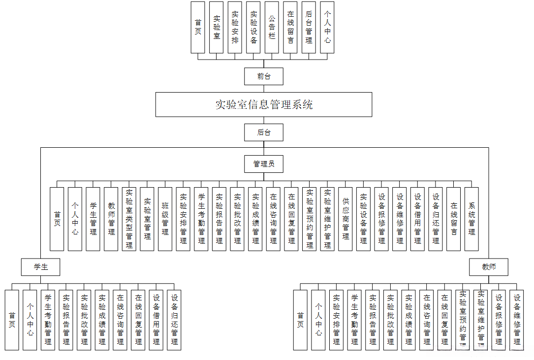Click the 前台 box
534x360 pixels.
coord(264,76)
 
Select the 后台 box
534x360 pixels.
coord(264,132)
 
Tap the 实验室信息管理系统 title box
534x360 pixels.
coord(264,104)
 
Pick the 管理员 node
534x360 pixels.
coord(264,164)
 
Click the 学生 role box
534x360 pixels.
coord(40,267)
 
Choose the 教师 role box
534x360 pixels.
coord(489,267)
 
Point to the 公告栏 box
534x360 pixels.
coord(272,27)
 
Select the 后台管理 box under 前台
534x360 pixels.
coord(309,27)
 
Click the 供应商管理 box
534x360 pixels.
coord(346,219)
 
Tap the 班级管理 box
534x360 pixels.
coord(165,219)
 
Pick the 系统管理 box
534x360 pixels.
coord(471,219)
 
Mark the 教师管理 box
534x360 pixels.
coord(111,219)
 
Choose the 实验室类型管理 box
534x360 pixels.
coord(129,219)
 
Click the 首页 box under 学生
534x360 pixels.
coord(12,320)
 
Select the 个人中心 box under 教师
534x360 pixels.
coord(318,320)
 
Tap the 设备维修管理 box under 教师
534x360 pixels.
coord(517,320)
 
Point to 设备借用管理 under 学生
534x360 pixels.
coord(156,320)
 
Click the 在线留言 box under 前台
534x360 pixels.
coord(290,27)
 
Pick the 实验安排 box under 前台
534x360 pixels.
coord(235,27)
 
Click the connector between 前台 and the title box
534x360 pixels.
coord(264,89)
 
